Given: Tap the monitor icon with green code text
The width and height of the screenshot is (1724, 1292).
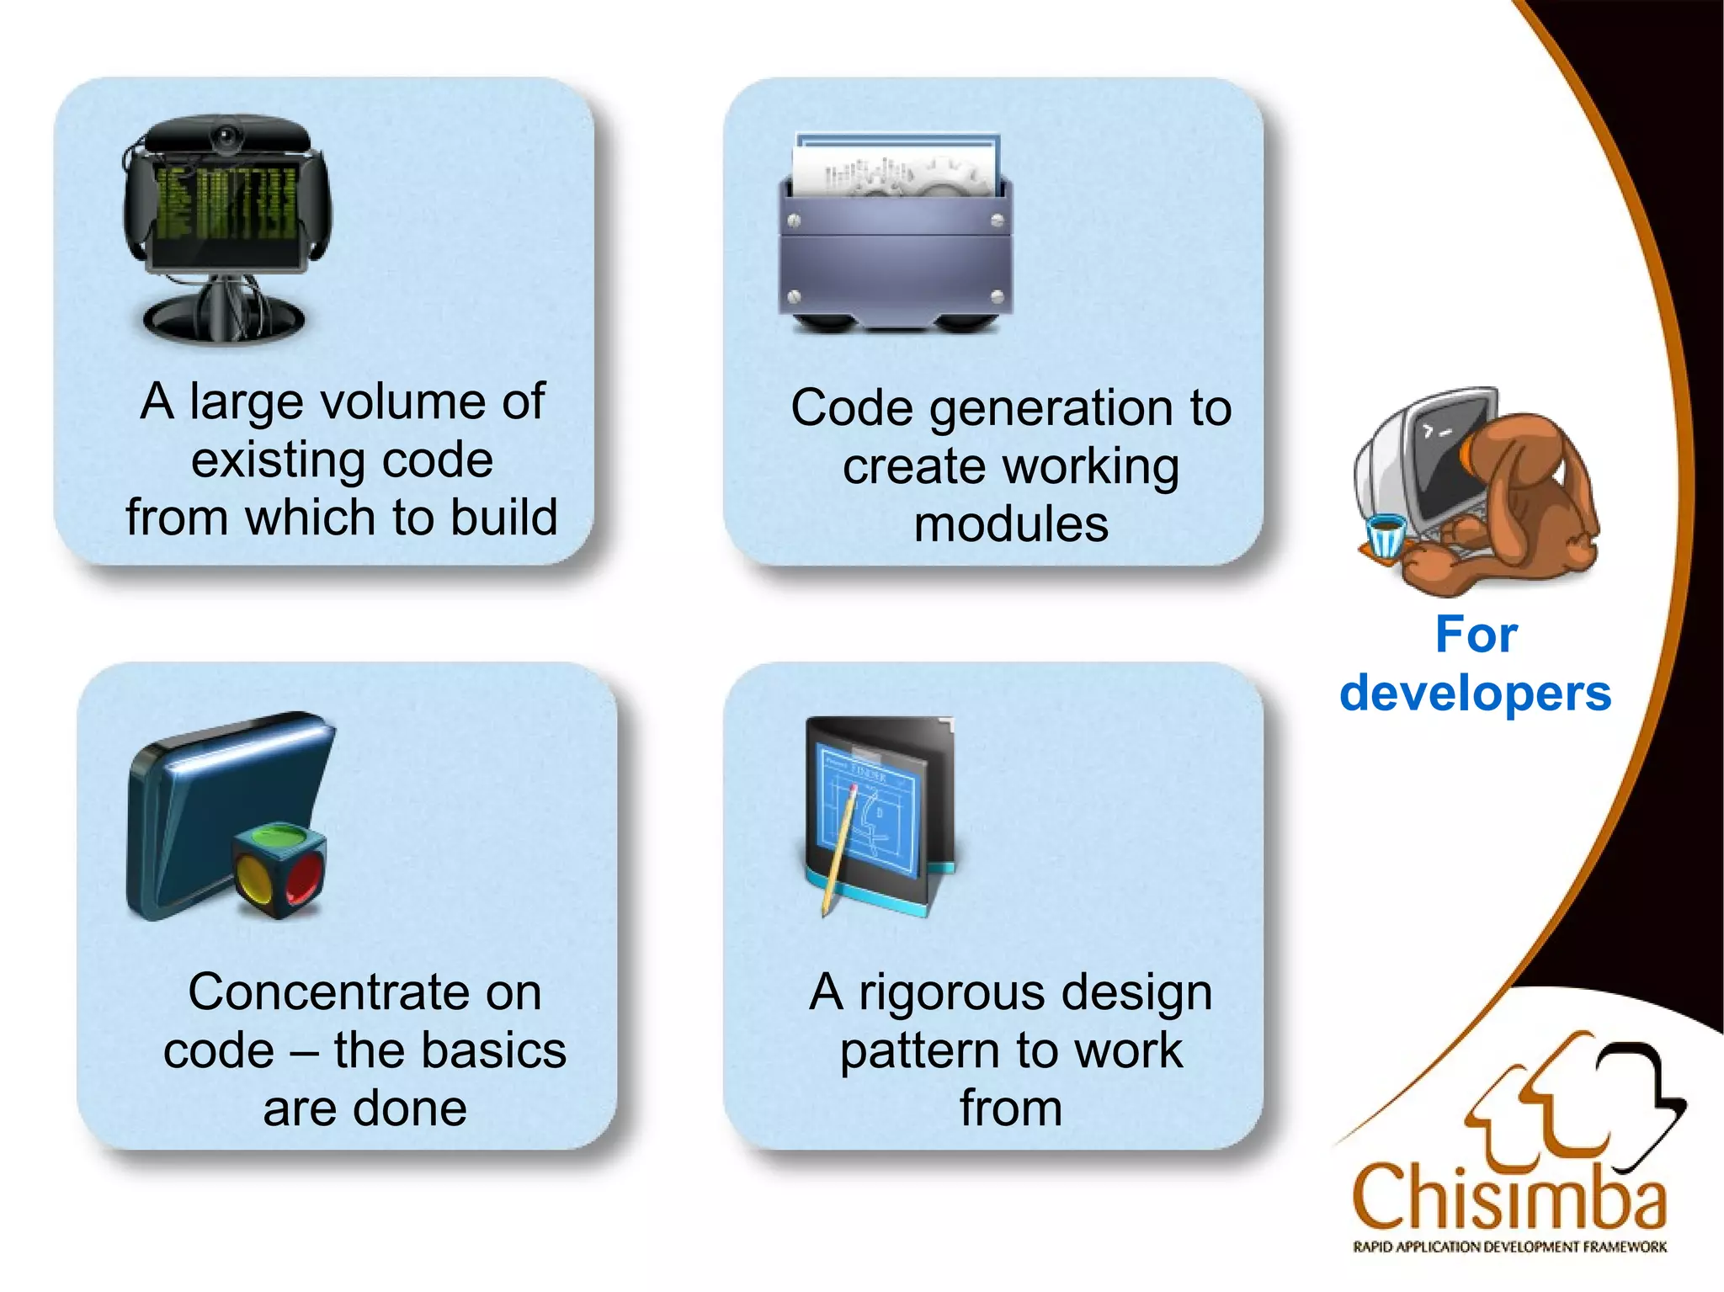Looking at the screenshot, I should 226,219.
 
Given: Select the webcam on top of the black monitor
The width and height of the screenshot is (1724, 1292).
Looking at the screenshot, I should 226,136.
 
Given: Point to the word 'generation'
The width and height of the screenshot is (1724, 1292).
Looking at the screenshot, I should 1052,410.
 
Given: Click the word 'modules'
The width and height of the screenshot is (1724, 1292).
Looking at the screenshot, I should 1011,525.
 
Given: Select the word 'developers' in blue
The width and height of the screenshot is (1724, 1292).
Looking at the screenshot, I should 1475,694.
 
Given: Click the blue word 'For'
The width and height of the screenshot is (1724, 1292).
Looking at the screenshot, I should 1476,635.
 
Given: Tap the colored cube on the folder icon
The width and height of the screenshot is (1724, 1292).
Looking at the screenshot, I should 279,871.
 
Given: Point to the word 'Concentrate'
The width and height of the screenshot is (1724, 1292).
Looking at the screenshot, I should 364,992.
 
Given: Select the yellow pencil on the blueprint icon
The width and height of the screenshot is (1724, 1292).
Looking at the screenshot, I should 839,850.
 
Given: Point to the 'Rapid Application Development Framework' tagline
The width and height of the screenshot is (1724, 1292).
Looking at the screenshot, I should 1509,1247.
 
